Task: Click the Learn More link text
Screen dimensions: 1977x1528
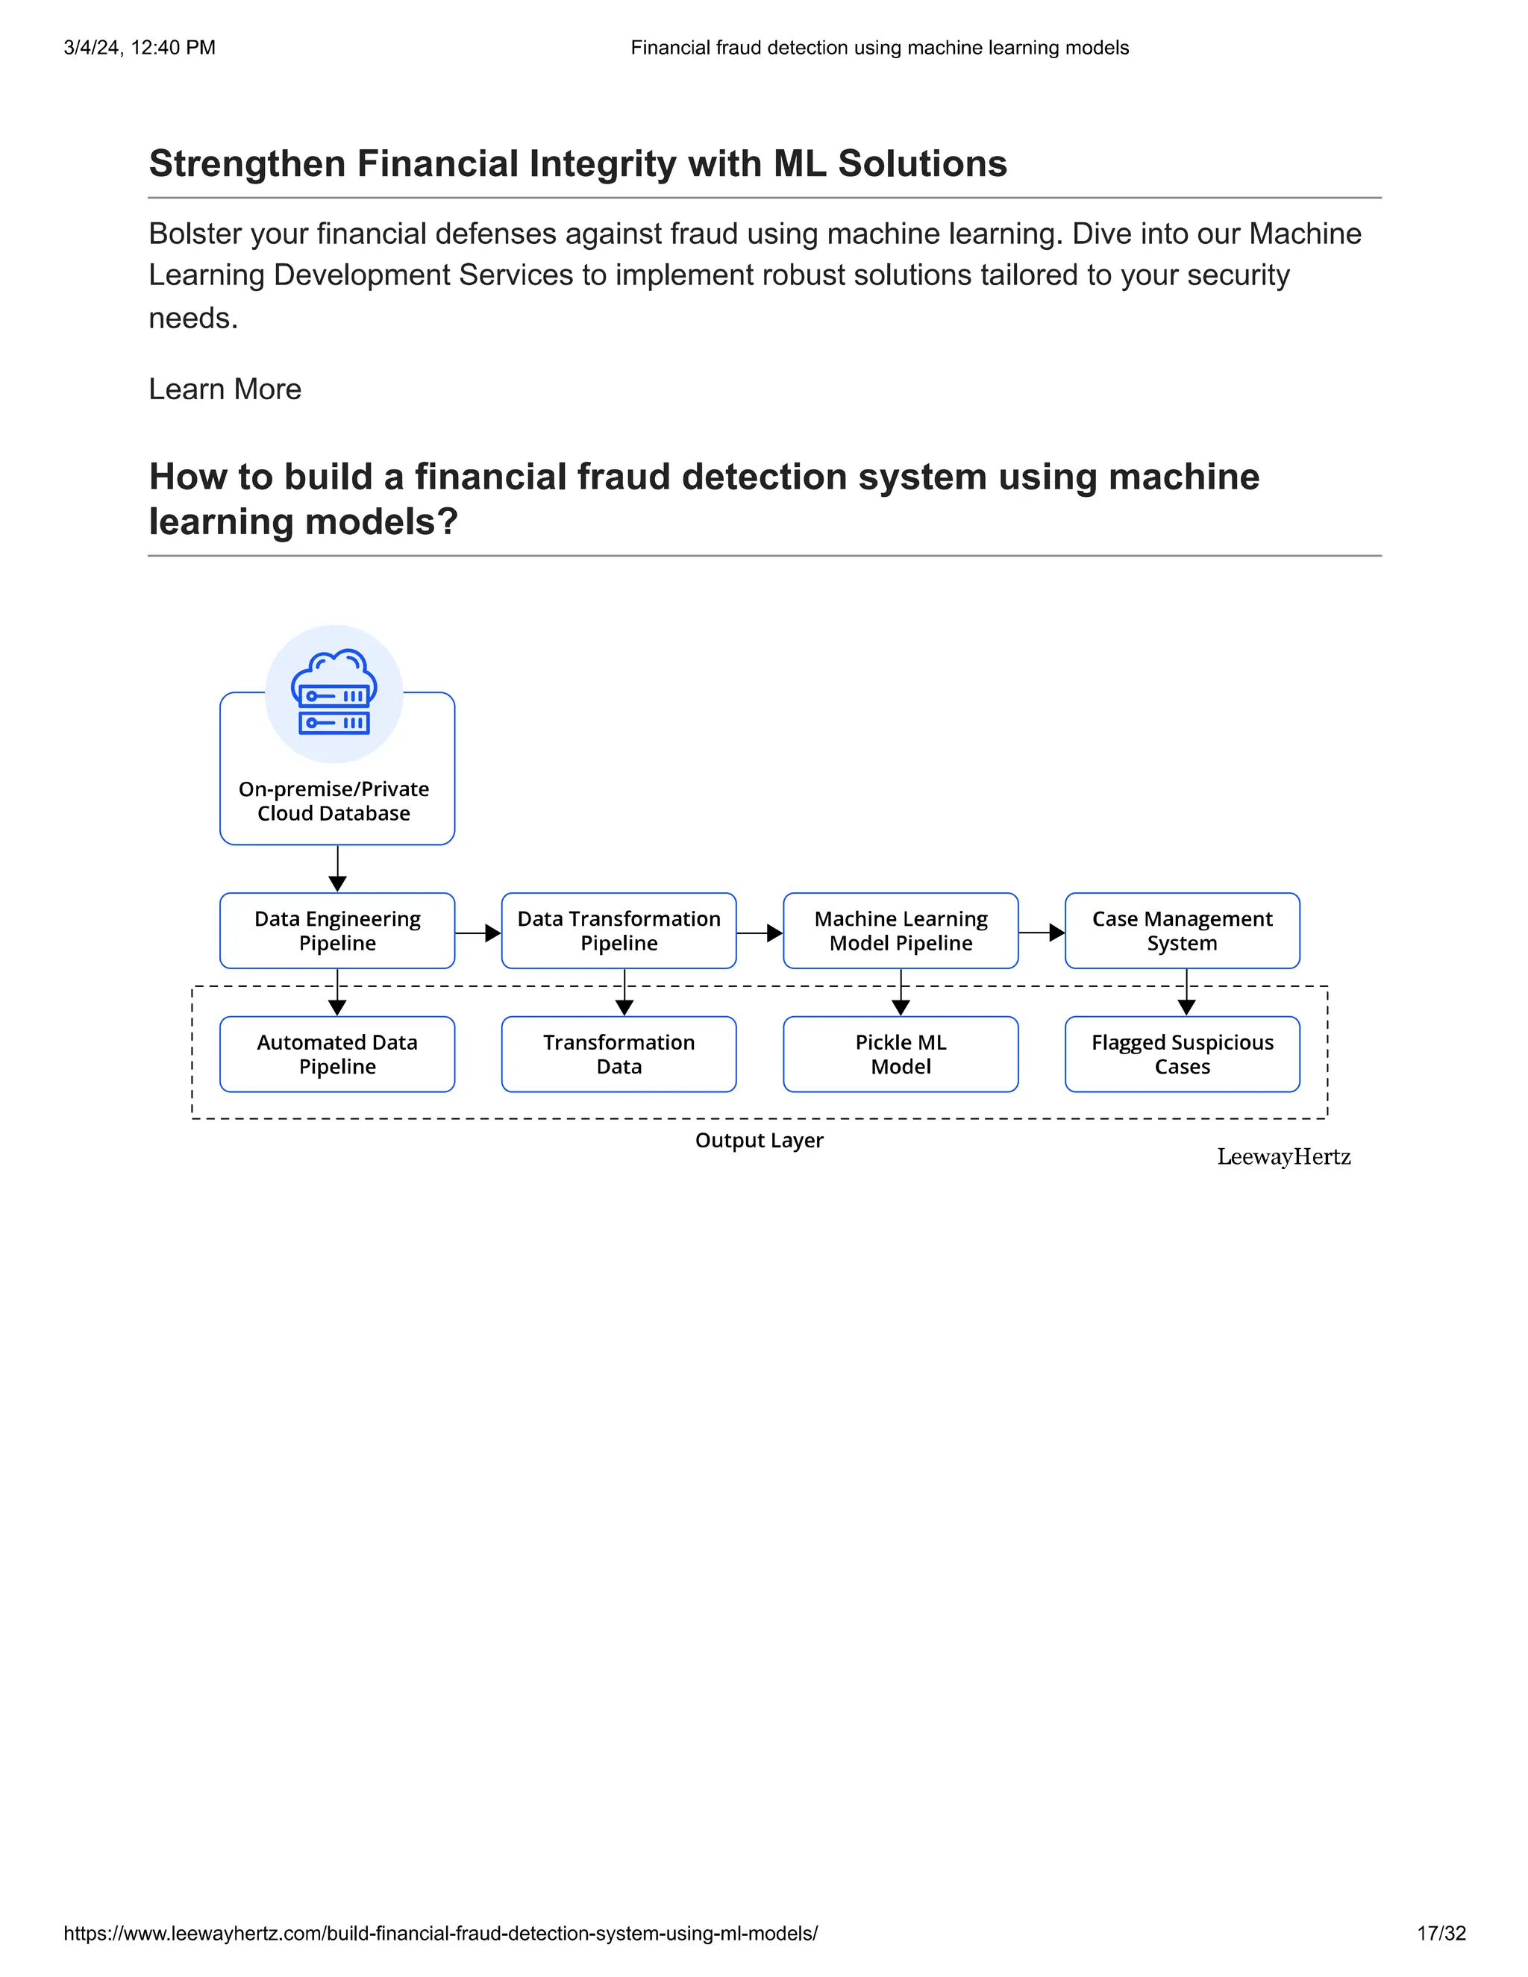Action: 225,389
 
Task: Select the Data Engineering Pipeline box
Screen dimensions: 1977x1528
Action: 336,930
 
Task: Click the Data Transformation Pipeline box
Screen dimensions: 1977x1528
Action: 619,930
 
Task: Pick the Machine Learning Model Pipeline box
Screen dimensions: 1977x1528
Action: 901,930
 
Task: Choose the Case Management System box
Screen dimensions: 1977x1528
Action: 1183,930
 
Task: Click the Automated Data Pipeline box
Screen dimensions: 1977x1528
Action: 336,1055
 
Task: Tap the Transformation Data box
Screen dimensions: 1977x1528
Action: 619,1055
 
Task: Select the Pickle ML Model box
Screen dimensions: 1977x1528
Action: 901,1055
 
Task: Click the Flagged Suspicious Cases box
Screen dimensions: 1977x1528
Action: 1183,1055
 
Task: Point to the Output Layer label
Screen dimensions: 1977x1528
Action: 759,1141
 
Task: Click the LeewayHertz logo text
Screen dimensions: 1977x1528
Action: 1283,1157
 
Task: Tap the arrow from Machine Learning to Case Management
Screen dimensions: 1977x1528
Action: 1042,933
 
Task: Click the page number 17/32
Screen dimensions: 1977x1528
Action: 1441,1934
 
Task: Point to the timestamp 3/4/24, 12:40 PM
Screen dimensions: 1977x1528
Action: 140,47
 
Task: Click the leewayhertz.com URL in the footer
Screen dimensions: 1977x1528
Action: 440,1934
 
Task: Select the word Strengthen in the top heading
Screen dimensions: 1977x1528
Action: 247,164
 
